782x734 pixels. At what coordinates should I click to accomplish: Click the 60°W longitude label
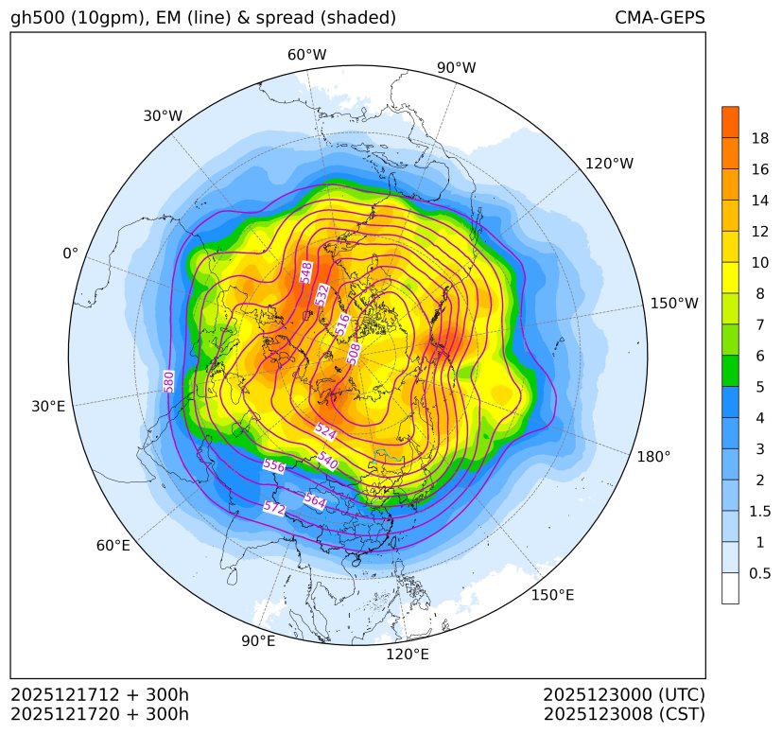click(306, 55)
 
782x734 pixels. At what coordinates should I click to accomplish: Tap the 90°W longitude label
click(456, 67)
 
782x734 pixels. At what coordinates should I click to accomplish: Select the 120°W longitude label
click(609, 164)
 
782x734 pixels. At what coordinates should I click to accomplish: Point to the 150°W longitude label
click(674, 304)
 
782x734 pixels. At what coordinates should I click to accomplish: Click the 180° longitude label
click(653, 457)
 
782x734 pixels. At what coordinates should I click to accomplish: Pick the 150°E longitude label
click(552, 595)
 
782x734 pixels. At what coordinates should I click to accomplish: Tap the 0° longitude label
click(70, 253)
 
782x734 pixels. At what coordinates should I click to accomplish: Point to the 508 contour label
click(354, 353)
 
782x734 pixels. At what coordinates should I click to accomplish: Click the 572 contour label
click(273, 508)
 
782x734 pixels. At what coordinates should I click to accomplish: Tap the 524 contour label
click(325, 431)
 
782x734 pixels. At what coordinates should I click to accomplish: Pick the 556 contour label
click(273, 465)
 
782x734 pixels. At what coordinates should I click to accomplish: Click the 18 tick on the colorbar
click(759, 138)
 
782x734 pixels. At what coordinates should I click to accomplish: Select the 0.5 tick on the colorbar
click(759, 573)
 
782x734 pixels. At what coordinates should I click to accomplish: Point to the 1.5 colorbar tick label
click(759, 511)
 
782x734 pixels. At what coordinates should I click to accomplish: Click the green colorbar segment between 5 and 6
click(730, 371)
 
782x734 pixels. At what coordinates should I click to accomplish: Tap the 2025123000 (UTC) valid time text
click(624, 694)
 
